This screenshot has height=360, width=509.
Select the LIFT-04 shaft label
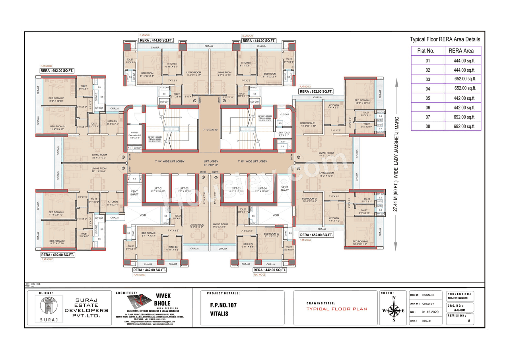(262, 189)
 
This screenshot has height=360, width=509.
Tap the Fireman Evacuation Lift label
(134, 136)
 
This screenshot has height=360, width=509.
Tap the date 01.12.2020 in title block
(429, 312)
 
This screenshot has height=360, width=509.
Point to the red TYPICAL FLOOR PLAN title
(336, 309)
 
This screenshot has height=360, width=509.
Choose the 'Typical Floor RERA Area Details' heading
(445, 39)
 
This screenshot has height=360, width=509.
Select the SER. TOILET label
(284, 134)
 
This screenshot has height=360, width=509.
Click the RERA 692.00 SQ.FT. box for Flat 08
(57, 71)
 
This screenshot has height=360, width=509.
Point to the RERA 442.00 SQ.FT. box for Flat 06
(150, 270)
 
